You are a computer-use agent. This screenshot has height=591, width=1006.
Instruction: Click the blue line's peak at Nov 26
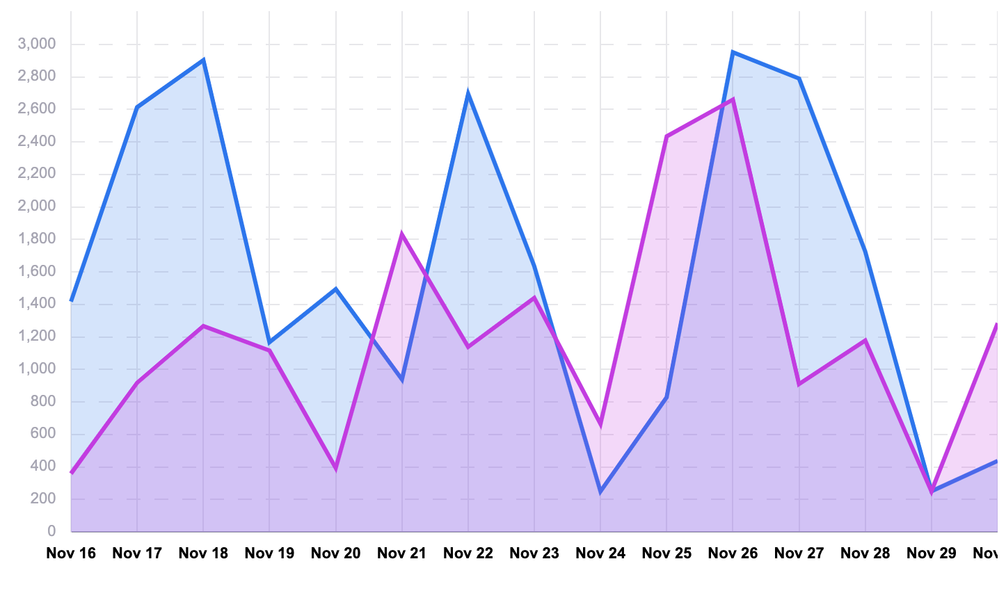point(733,52)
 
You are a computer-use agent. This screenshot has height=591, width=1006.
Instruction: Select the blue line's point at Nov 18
point(203,60)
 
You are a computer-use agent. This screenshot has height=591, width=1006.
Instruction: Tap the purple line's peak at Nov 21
point(402,234)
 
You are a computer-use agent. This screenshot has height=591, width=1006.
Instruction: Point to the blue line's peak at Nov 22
point(468,93)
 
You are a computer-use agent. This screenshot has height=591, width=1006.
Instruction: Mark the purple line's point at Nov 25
point(666,136)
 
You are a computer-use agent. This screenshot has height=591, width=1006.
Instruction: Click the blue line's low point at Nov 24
point(600,492)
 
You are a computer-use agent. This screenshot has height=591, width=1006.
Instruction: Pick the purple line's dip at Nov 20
point(336,469)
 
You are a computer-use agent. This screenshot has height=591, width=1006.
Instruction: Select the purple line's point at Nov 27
point(799,384)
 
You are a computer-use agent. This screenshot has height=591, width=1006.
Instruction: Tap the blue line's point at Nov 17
point(137,108)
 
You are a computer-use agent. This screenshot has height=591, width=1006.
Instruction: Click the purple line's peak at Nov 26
point(733,99)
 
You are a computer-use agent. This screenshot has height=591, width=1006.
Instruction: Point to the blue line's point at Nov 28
point(865,251)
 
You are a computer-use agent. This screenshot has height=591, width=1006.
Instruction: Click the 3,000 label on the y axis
point(37,44)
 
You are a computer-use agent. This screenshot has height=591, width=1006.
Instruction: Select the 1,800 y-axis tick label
point(37,239)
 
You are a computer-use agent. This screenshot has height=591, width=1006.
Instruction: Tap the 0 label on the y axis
point(51,531)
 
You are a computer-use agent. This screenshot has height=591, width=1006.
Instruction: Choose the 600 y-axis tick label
point(42,434)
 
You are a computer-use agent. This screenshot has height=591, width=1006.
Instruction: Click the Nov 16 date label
point(71,553)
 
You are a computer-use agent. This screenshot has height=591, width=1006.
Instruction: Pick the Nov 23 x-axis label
point(534,553)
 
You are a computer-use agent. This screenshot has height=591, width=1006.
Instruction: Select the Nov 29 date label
point(932,553)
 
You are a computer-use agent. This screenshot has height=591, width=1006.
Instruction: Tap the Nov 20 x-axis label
point(336,553)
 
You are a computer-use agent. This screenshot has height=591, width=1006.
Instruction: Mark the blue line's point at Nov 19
point(270,343)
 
